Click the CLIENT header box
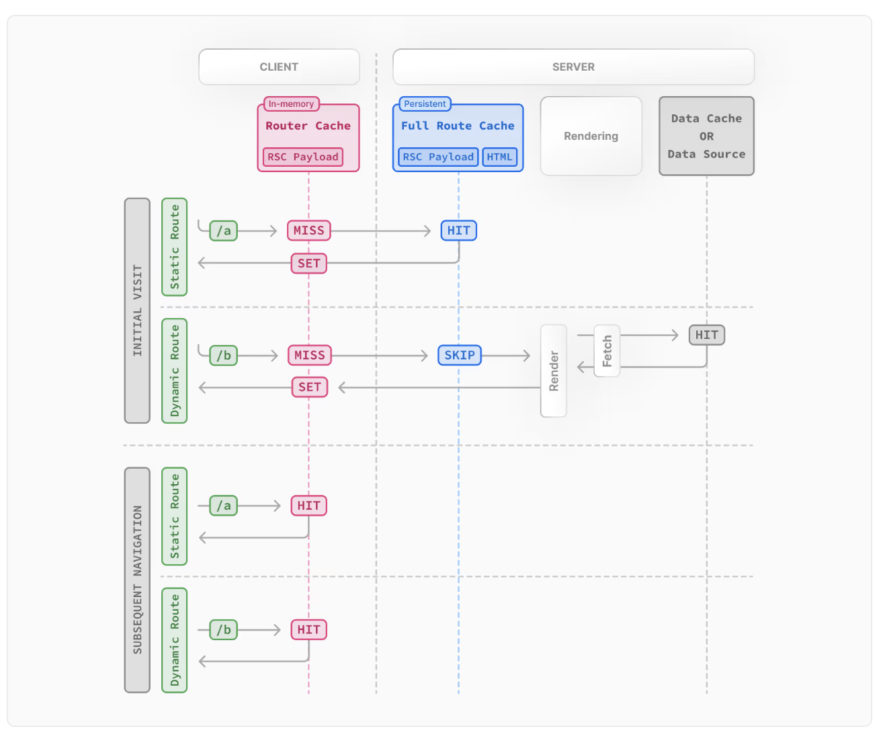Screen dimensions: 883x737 pyautogui.click(x=279, y=67)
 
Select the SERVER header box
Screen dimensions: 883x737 pyautogui.click(x=573, y=67)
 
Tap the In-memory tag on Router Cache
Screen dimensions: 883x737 pyautogui.click(x=292, y=104)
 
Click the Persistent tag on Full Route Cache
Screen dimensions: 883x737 pyautogui.click(x=425, y=104)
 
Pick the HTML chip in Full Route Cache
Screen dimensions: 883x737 pyautogui.click(x=499, y=157)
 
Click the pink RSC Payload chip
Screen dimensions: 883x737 pyautogui.click(x=303, y=157)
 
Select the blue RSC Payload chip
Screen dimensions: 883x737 pyautogui.click(x=438, y=157)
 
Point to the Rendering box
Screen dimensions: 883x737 pyautogui.click(x=591, y=136)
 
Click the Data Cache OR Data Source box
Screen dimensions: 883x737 pyautogui.click(x=707, y=136)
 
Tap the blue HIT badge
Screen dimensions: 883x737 pyautogui.click(x=459, y=231)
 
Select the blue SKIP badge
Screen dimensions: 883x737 pyautogui.click(x=460, y=355)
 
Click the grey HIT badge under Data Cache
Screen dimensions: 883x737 pyautogui.click(x=707, y=336)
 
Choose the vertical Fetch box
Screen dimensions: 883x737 pyautogui.click(x=607, y=351)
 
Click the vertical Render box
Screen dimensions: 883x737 pyautogui.click(x=554, y=371)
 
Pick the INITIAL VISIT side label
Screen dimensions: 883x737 pyautogui.click(x=138, y=311)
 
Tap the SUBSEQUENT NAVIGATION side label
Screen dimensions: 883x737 pyautogui.click(x=138, y=580)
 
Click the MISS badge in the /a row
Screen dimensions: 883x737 pyautogui.click(x=309, y=231)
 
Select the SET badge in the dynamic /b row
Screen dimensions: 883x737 pyautogui.click(x=310, y=387)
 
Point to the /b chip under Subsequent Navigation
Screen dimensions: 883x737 pyautogui.click(x=224, y=630)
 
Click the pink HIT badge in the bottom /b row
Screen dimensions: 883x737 pyautogui.click(x=309, y=629)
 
